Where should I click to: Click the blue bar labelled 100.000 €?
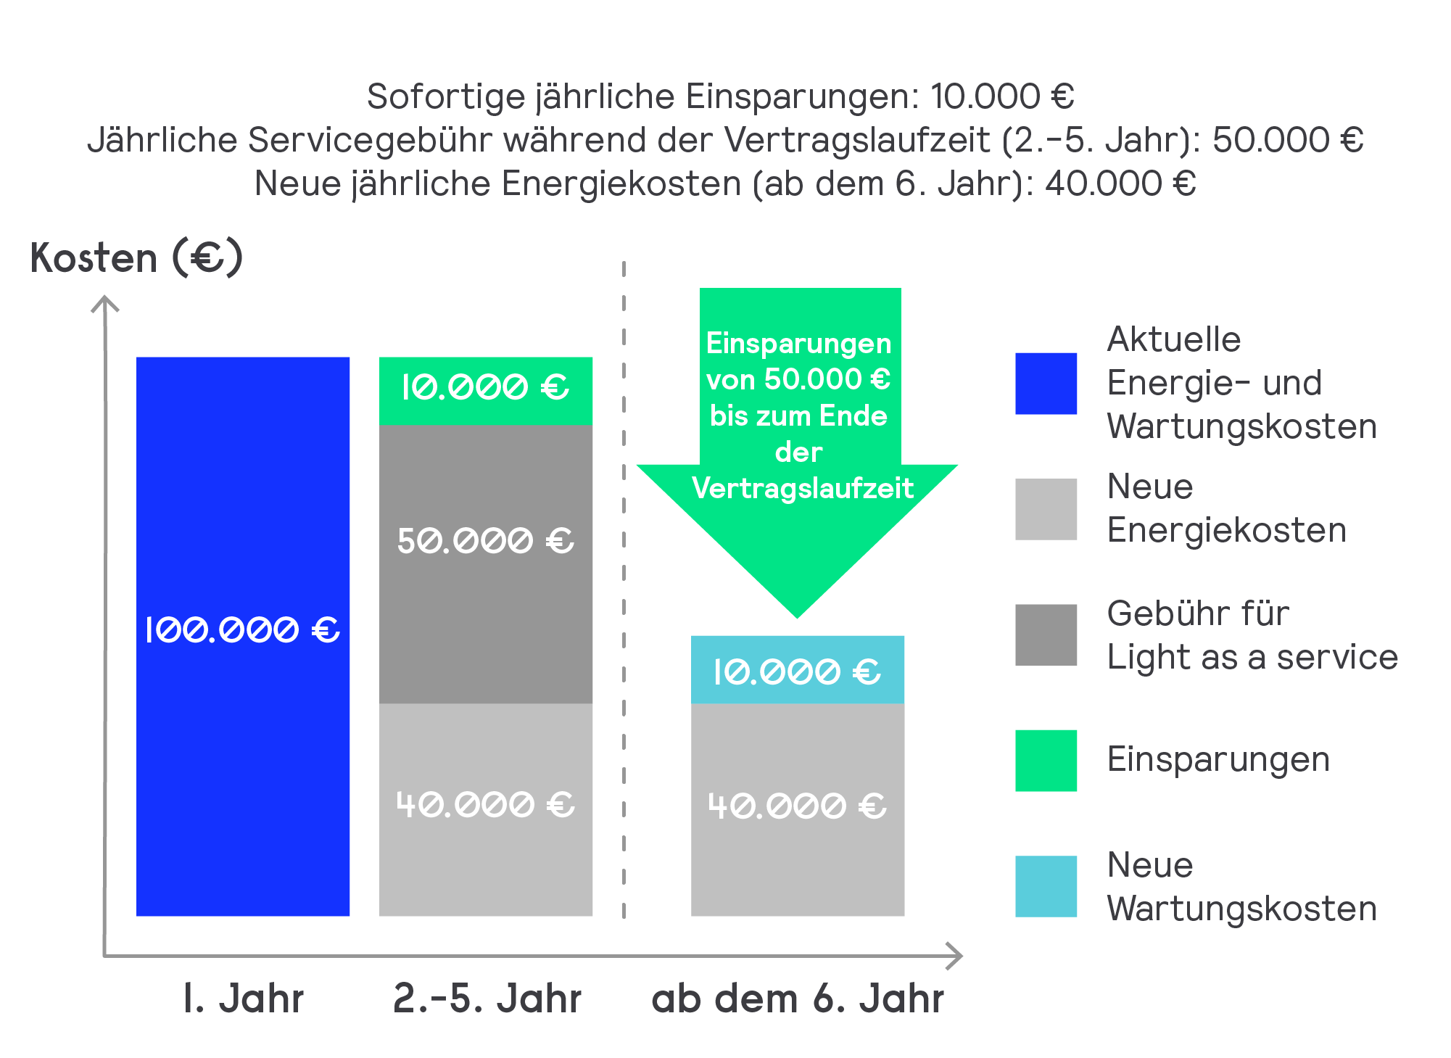tap(243, 636)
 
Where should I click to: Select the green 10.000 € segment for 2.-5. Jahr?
tap(486, 390)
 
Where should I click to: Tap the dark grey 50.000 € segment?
tap(486, 563)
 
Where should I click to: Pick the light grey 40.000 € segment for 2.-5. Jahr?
tap(486, 809)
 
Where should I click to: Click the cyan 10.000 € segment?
tap(798, 669)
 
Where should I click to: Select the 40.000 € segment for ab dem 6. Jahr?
tap(798, 809)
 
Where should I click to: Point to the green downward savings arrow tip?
tap(798, 618)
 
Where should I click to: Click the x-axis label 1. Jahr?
tap(243, 999)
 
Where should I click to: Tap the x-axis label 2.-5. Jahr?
tap(487, 999)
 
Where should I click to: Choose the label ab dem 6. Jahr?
tap(798, 999)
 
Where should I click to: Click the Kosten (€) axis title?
tap(136, 257)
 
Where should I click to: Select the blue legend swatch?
tap(1046, 384)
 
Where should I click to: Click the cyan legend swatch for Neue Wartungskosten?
tap(1046, 886)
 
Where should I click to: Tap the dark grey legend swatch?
tap(1046, 635)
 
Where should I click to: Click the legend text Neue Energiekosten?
tap(1227, 508)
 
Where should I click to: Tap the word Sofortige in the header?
tap(446, 97)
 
